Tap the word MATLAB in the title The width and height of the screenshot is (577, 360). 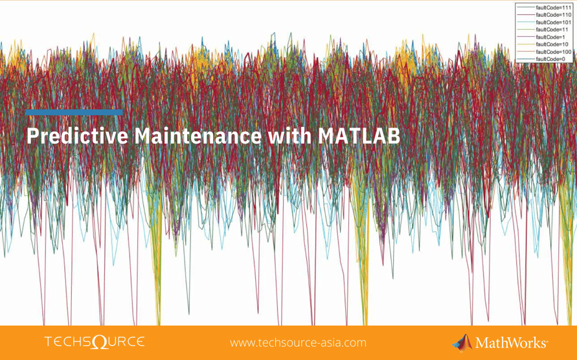357,137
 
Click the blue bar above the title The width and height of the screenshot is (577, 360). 74,113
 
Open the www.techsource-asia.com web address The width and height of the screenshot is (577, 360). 298,343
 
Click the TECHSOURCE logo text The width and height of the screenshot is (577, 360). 94,342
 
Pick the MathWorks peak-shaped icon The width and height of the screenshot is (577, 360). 462,342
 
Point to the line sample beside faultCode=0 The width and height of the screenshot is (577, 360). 525,59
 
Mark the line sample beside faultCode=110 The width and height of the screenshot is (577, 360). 525,14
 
